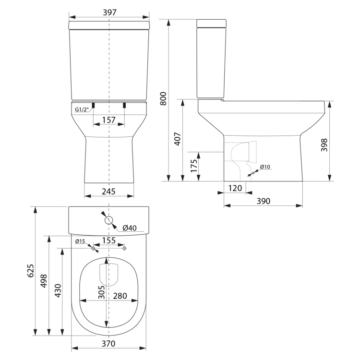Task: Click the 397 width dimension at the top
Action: click(109, 12)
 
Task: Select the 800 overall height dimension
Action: click(163, 99)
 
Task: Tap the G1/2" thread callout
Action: click(82, 109)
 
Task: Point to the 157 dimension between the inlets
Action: click(109, 120)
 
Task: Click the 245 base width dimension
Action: click(109, 191)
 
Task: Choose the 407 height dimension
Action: click(178, 139)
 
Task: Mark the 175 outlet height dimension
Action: click(194, 166)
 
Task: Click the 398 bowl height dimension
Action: click(324, 145)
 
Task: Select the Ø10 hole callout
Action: click(265, 167)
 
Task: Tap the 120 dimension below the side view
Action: click(235, 188)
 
